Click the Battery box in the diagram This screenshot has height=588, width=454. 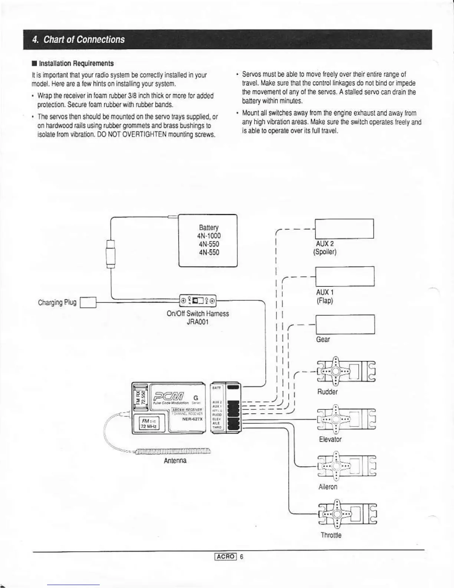click(x=208, y=240)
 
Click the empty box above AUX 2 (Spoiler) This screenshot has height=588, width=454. click(x=344, y=229)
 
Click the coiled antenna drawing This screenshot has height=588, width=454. click(x=173, y=451)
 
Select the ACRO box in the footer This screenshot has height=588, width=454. click(x=226, y=556)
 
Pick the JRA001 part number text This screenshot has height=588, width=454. click(x=197, y=322)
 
